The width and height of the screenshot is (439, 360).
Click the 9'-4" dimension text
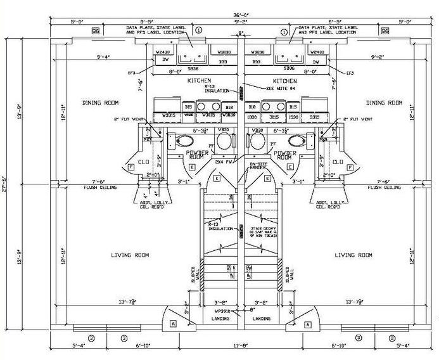pos(104,57)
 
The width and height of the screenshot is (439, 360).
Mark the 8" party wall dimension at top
pos(241,33)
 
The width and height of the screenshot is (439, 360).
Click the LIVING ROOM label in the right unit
pos(353,255)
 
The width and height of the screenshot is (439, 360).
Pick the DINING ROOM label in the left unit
pos(101,102)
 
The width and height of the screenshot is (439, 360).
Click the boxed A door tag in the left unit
pos(174,323)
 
